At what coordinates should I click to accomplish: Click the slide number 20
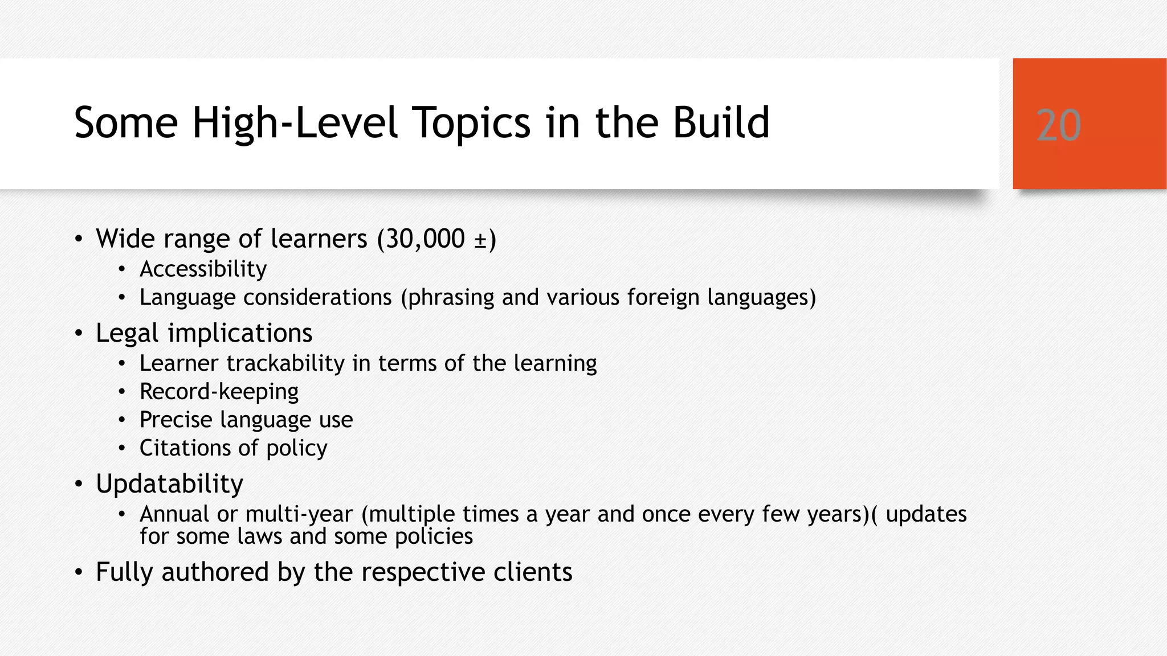1058,125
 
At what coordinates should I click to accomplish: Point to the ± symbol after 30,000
480,240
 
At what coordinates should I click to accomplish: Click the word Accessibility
203,269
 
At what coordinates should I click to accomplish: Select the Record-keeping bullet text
219,392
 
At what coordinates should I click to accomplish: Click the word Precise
176,420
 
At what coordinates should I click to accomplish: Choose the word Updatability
169,484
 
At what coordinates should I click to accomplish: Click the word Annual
174,514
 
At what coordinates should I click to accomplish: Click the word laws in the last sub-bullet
260,536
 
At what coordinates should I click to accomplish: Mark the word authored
215,572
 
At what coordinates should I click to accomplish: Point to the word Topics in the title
471,122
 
